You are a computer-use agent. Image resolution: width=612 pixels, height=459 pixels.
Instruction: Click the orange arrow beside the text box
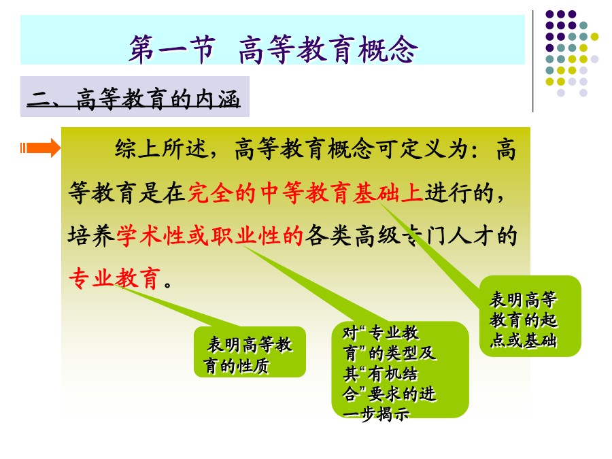[41, 148]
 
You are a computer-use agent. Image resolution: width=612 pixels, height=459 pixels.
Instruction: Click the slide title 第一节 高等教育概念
[273, 49]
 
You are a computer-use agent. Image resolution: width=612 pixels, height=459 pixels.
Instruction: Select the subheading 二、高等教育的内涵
[133, 99]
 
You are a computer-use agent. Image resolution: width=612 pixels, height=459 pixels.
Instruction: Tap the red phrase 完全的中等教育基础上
[305, 192]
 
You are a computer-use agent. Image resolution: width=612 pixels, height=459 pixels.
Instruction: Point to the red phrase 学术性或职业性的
[209, 235]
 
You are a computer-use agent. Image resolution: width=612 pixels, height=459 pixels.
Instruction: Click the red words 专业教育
[114, 278]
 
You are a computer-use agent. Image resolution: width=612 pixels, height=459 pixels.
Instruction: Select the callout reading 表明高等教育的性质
[250, 352]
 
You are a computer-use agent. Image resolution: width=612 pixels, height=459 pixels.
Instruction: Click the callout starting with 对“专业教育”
[400, 370]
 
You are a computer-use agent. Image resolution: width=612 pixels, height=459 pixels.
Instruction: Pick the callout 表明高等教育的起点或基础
[530, 316]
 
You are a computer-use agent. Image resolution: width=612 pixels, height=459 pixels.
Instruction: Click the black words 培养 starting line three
[92, 235]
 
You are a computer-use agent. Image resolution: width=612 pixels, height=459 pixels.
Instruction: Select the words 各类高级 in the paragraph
[352, 235]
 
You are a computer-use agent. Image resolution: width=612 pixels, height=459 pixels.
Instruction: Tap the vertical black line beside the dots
[532, 61]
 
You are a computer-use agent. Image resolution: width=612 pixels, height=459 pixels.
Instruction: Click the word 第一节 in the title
[172, 49]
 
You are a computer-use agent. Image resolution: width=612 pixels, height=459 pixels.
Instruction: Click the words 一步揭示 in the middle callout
[376, 413]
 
